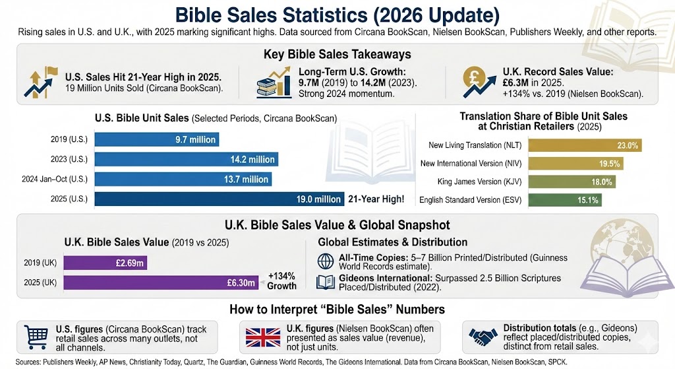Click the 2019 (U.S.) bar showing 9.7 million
156,140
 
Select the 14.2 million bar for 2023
186,160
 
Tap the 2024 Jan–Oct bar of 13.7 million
183,180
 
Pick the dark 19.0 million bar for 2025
219,199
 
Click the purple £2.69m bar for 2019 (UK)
132,263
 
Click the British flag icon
260,337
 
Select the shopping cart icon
34,337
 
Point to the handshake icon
483,337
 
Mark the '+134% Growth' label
282,281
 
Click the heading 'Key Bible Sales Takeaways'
337,54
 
